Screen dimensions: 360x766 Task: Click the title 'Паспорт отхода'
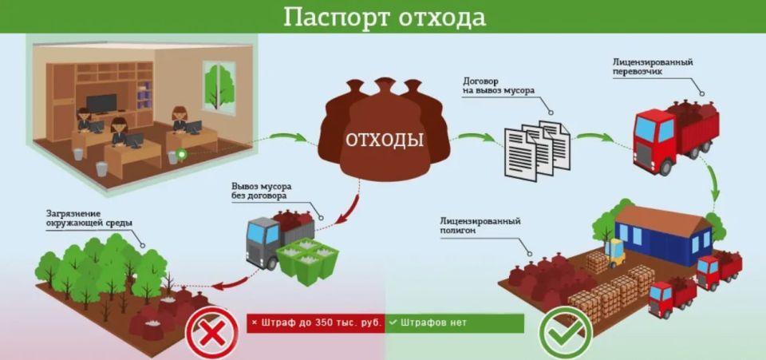click(x=384, y=16)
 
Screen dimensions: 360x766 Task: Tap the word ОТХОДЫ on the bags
click(x=384, y=139)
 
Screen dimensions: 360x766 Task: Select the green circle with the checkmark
click(x=564, y=333)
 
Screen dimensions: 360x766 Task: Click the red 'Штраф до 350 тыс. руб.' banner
click(x=316, y=323)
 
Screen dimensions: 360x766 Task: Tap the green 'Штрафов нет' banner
click(x=455, y=323)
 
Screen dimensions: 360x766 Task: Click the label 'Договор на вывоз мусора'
click(x=499, y=86)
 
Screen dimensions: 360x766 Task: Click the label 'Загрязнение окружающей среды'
click(x=88, y=218)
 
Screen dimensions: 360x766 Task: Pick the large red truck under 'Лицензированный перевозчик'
click(x=674, y=135)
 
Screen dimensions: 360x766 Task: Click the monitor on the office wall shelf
click(x=101, y=104)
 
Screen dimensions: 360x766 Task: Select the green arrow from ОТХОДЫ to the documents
click(x=472, y=140)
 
